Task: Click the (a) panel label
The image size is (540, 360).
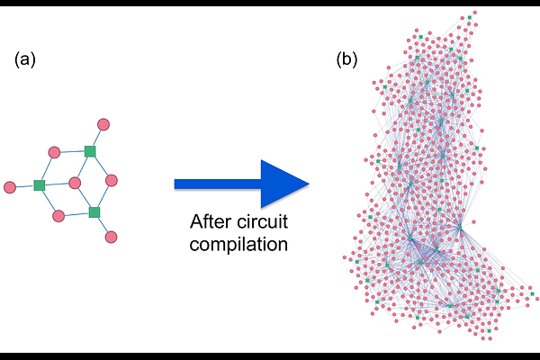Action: (25, 59)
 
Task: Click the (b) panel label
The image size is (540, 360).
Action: (346, 59)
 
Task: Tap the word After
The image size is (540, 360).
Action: (210, 221)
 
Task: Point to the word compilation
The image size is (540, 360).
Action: (238, 244)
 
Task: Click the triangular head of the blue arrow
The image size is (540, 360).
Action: (282, 184)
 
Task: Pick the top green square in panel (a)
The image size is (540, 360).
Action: (90, 151)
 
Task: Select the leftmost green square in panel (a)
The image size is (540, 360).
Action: (40, 185)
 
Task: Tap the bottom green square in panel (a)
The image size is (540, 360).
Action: (94, 212)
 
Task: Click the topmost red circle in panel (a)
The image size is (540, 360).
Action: (103, 124)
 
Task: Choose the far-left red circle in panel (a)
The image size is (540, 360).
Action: (10, 187)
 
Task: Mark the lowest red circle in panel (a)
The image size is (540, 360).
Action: (111, 237)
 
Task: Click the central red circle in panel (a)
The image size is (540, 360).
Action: (75, 183)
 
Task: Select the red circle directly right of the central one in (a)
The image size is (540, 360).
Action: (112, 181)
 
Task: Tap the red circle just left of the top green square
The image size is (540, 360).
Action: (54, 152)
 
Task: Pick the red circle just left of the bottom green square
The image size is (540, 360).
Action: (58, 216)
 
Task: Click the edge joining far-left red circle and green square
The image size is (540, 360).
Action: (25, 186)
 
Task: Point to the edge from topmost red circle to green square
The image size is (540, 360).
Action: (97, 137)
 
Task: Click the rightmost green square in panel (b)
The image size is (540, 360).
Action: (532, 294)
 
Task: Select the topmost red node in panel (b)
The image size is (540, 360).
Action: (475, 13)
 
